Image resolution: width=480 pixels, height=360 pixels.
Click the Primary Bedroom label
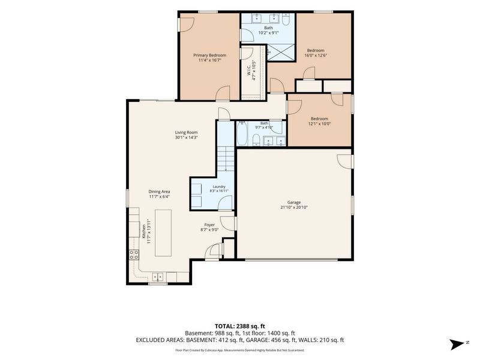tap(209, 55)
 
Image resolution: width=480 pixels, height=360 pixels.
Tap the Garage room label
tap(294, 202)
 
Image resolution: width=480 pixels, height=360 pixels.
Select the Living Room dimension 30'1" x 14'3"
tap(186, 137)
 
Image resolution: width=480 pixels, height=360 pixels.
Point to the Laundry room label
tap(219, 187)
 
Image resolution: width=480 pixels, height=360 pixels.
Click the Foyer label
tap(209, 224)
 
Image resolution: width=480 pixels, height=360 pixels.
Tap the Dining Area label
tap(159, 191)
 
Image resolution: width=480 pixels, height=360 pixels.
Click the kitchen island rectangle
tap(163, 233)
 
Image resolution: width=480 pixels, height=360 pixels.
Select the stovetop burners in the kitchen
tap(134, 254)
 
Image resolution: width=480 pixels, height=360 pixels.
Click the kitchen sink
tap(158, 277)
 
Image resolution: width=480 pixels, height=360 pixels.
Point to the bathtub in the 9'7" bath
tap(242, 133)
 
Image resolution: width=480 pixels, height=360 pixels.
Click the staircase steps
tap(226, 158)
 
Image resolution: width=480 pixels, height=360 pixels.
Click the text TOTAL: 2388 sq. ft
tap(239, 326)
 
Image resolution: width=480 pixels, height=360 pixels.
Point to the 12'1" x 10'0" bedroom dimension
tap(319, 124)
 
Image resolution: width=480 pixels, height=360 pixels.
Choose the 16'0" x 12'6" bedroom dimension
tap(316, 55)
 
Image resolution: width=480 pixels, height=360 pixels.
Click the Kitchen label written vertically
tap(143, 232)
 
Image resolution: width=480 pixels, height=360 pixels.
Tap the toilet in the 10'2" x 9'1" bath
tap(286, 20)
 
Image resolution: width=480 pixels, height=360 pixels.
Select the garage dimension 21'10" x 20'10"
tap(294, 207)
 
